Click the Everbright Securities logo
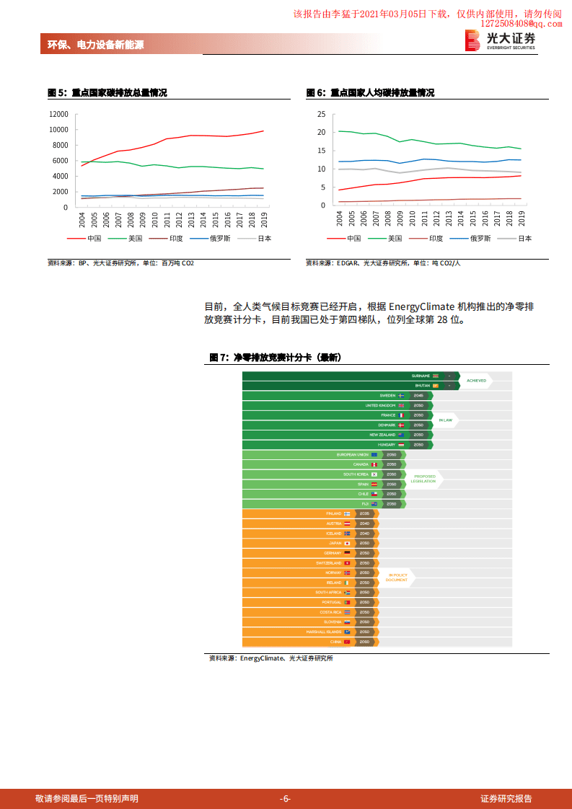pyautogui.click(x=500, y=40)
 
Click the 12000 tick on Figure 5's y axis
pyautogui.click(x=58, y=115)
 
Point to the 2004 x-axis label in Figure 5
pyautogui.click(x=82, y=219)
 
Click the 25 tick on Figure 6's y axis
pyautogui.click(x=322, y=115)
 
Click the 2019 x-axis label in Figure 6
pyautogui.click(x=522, y=218)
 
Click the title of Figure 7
pyautogui.click(x=275, y=358)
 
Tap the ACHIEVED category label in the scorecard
pyautogui.click(x=476, y=381)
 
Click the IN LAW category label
pyautogui.click(x=445, y=420)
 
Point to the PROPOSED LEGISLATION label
pyautogui.click(x=424, y=479)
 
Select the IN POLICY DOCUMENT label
pyautogui.click(x=397, y=577)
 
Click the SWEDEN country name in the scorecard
pyautogui.click(x=387, y=396)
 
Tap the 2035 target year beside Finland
pyautogui.click(x=364, y=513)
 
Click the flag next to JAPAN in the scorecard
pyautogui.click(x=347, y=543)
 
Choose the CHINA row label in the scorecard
pyautogui.click(x=336, y=641)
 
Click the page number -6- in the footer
pyautogui.click(x=285, y=798)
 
